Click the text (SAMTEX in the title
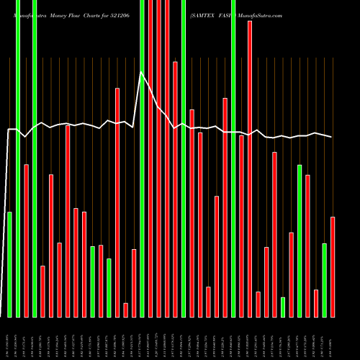coord(204,14)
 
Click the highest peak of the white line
coord(141,73)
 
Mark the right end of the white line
coord(332,137)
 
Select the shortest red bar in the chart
coord(125,310)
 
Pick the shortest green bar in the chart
coord(283,307)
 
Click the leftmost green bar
coord(9,264)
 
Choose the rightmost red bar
coord(333,266)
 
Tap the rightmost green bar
coord(324,280)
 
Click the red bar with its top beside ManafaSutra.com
coord(250,168)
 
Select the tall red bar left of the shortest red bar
coord(117,202)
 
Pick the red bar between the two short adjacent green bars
coord(101,281)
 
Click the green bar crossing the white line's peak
coord(142,158)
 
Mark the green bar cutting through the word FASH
coord(233,158)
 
